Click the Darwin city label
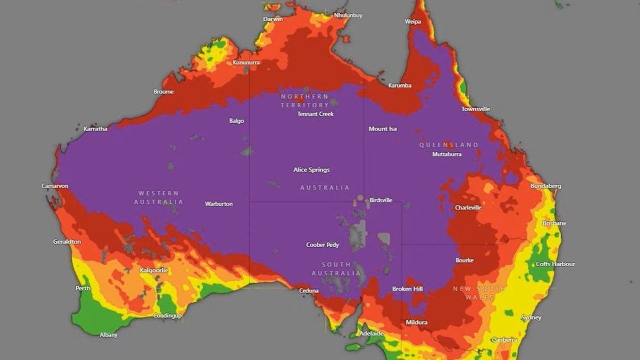coord(273,19)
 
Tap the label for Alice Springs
coord(311,170)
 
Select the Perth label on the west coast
coord(83,288)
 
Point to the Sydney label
coord(531,317)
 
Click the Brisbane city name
coord(554,223)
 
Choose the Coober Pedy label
coord(322,245)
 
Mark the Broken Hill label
coord(407,289)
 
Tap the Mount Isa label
coord(382,129)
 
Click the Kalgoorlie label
coord(154,270)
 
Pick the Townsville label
coord(475,109)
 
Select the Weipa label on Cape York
coord(412,21)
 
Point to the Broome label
coord(163,91)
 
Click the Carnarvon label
coord(55,186)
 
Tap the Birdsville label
coord(381,200)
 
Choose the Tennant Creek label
coord(315,114)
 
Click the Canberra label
coord(504,340)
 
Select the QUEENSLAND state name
coord(448,145)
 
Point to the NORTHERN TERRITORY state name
coord(304,100)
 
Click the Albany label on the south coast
coord(108,335)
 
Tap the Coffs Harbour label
coord(555,264)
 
